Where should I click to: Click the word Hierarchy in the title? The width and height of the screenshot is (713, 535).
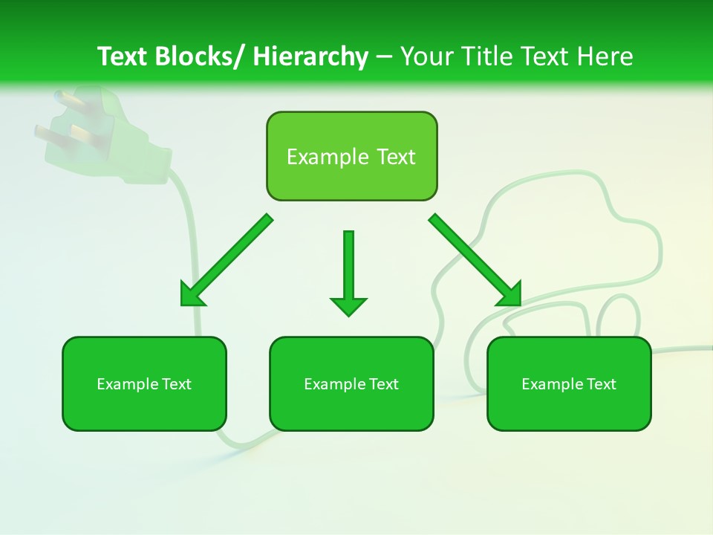tap(310, 56)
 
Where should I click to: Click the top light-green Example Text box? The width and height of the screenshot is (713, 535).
tap(351, 156)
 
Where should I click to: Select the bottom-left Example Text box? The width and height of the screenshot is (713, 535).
tap(144, 383)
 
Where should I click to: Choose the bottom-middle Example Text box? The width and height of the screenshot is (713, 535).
tap(351, 383)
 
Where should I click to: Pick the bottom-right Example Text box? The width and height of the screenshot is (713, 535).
tap(569, 383)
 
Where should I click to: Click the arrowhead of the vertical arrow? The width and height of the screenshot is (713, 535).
tap(348, 305)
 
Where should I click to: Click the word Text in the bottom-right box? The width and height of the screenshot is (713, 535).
tap(600, 384)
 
